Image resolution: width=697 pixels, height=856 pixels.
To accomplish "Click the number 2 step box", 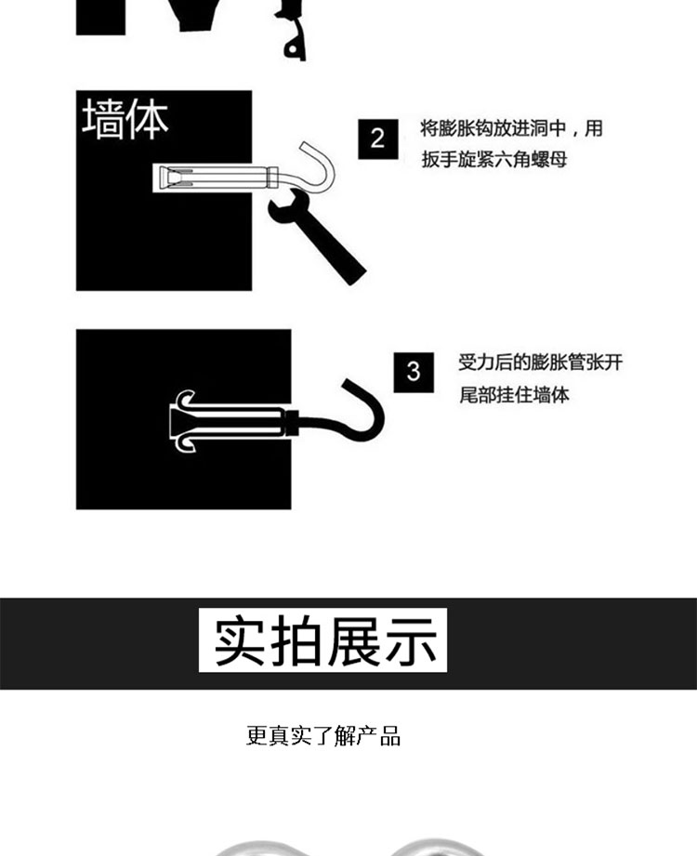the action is pos(377,139).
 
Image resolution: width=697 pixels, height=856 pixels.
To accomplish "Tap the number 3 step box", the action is pos(414,373).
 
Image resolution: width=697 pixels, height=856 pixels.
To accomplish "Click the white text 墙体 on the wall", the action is pos(125,120).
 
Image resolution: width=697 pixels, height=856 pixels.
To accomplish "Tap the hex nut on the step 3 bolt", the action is pos(292,422).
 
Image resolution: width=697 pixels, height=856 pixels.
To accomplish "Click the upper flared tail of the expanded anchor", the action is pos(185,399).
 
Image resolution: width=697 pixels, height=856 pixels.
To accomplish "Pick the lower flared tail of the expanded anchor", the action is pos(185,444).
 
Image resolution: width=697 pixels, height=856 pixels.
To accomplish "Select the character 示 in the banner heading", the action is pos(411,640).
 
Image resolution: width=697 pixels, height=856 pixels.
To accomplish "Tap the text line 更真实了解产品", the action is pos(323,736).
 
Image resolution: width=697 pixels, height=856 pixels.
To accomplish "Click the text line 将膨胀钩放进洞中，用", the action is pos(511,129).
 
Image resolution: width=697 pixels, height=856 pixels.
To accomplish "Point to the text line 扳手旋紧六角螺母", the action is pos(494,160).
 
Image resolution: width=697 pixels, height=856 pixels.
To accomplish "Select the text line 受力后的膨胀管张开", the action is pos(540,362).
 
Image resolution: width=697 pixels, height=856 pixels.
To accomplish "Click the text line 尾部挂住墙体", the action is pos(514,394).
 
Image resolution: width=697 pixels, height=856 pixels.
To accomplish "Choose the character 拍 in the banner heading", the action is pos(296,640).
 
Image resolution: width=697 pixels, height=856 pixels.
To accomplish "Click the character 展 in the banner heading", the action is pos(354,640).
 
